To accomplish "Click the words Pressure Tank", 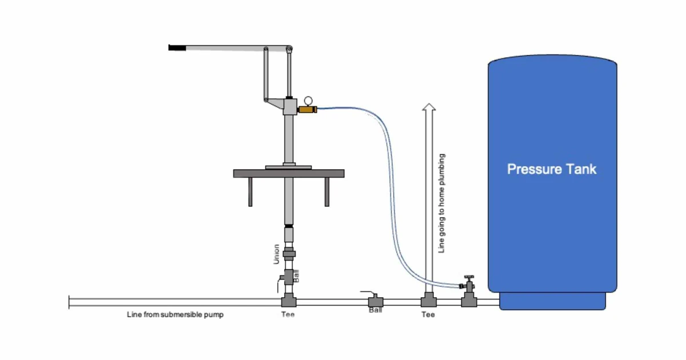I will click(552, 169).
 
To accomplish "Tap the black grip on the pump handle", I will click(176, 47).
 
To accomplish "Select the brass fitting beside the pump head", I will click(307, 109).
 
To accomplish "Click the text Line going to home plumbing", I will click(441, 203).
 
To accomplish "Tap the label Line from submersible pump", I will click(175, 315).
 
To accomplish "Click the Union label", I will click(277, 254).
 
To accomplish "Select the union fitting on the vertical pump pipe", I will click(289, 253).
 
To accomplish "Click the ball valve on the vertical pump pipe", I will click(288, 278).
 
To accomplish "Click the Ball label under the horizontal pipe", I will click(375, 310).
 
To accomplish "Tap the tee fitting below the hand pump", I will click(288, 301).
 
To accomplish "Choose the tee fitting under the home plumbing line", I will click(428, 301).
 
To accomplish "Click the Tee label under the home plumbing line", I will click(428, 315).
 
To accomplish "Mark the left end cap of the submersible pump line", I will click(69, 302).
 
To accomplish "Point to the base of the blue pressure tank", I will click(552, 301).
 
